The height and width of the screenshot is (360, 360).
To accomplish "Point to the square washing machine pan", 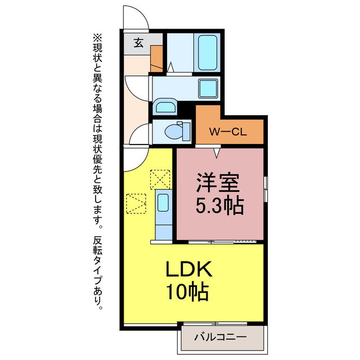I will [x=207, y=88].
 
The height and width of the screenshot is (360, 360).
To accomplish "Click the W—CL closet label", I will [x=227, y=133].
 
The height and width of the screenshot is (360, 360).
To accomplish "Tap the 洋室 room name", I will [x=219, y=183].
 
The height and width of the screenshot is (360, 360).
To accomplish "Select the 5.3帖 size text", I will [x=219, y=206].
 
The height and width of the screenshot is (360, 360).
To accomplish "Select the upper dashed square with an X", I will [x=159, y=180].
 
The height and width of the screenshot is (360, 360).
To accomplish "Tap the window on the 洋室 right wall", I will [x=265, y=188].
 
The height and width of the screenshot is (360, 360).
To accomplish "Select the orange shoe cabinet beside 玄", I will [x=156, y=56].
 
